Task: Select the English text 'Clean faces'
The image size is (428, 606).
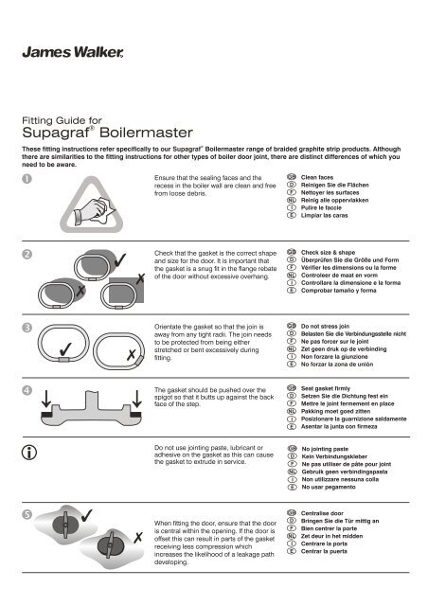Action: (322, 177)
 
